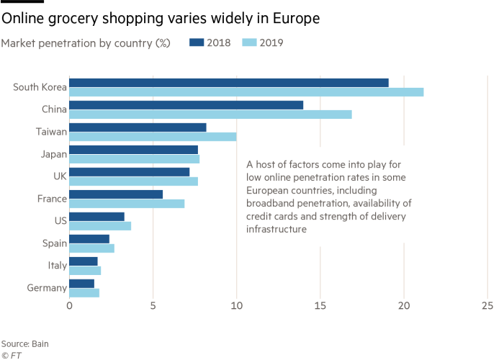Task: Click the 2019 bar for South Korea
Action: [246, 92]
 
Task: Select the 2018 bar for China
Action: [186, 104]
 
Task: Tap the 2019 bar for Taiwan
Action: [153, 137]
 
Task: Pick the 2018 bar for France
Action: [117, 194]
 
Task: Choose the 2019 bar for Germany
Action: [85, 293]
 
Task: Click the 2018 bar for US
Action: [97, 216]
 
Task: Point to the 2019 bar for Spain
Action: [92, 248]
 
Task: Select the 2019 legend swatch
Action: [249, 43]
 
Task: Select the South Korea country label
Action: [40, 87]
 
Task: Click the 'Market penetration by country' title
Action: [86, 43]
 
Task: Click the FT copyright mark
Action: [10, 355]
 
